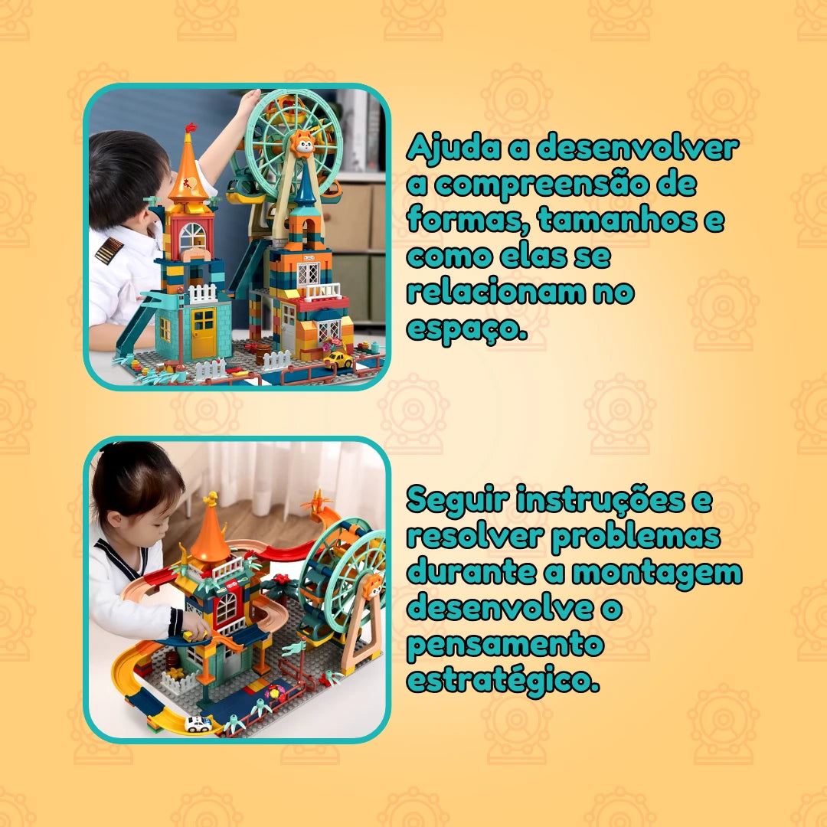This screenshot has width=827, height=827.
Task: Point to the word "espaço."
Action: [x=467, y=329]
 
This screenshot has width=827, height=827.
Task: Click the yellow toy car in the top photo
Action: [x=338, y=360]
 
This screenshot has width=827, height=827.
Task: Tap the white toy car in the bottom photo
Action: [x=198, y=724]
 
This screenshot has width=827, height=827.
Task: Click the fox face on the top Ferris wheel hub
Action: [x=303, y=143]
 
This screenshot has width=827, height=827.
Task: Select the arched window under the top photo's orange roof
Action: [x=192, y=237]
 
